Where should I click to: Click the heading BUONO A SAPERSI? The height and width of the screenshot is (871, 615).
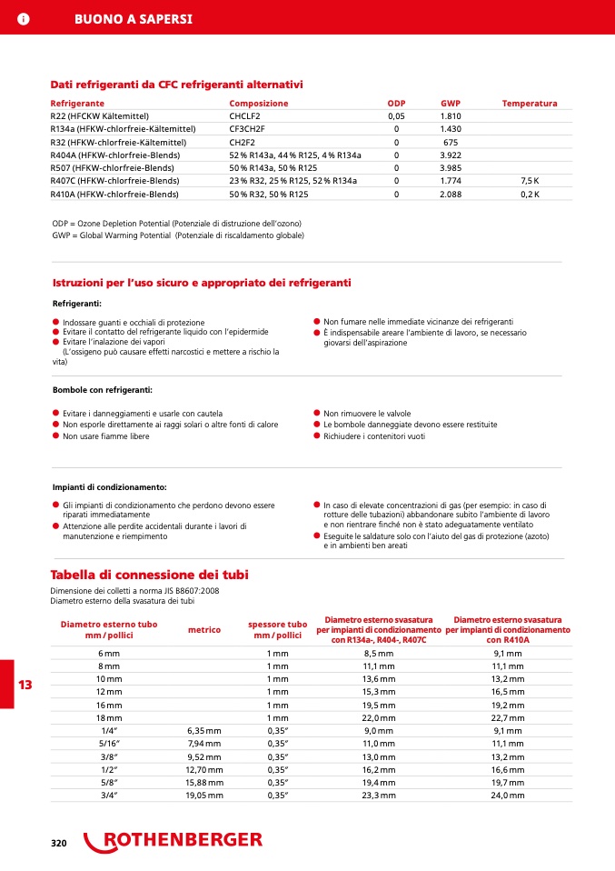click(x=133, y=19)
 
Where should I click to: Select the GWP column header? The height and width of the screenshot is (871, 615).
click(x=451, y=104)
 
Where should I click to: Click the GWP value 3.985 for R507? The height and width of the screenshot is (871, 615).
click(x=451, y=168)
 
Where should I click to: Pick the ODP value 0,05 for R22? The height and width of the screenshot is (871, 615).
click(x=396, y=116)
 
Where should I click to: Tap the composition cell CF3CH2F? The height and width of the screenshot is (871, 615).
click(x=246, y=129)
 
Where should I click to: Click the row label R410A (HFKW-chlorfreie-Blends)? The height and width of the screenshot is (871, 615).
click(x=114, y=195)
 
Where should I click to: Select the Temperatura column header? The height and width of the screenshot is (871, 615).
click(x=530, y=104)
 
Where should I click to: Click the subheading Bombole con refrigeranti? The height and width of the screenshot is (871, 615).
click(x=103, y=389)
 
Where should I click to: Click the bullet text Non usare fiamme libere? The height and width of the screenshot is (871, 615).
click(x=105, y=436)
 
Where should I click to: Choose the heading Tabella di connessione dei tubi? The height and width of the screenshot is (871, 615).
click(x=149, y=575)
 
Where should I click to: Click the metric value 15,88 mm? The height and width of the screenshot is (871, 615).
click(x=203, y=782)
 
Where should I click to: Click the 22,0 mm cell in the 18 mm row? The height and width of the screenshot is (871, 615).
click(x=378, y=717)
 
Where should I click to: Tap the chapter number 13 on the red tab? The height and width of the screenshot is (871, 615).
click(x=25, y=685)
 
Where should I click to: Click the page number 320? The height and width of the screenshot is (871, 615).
click(x=59, y=844)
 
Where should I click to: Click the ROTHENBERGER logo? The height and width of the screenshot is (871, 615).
click(x=174, y=841)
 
